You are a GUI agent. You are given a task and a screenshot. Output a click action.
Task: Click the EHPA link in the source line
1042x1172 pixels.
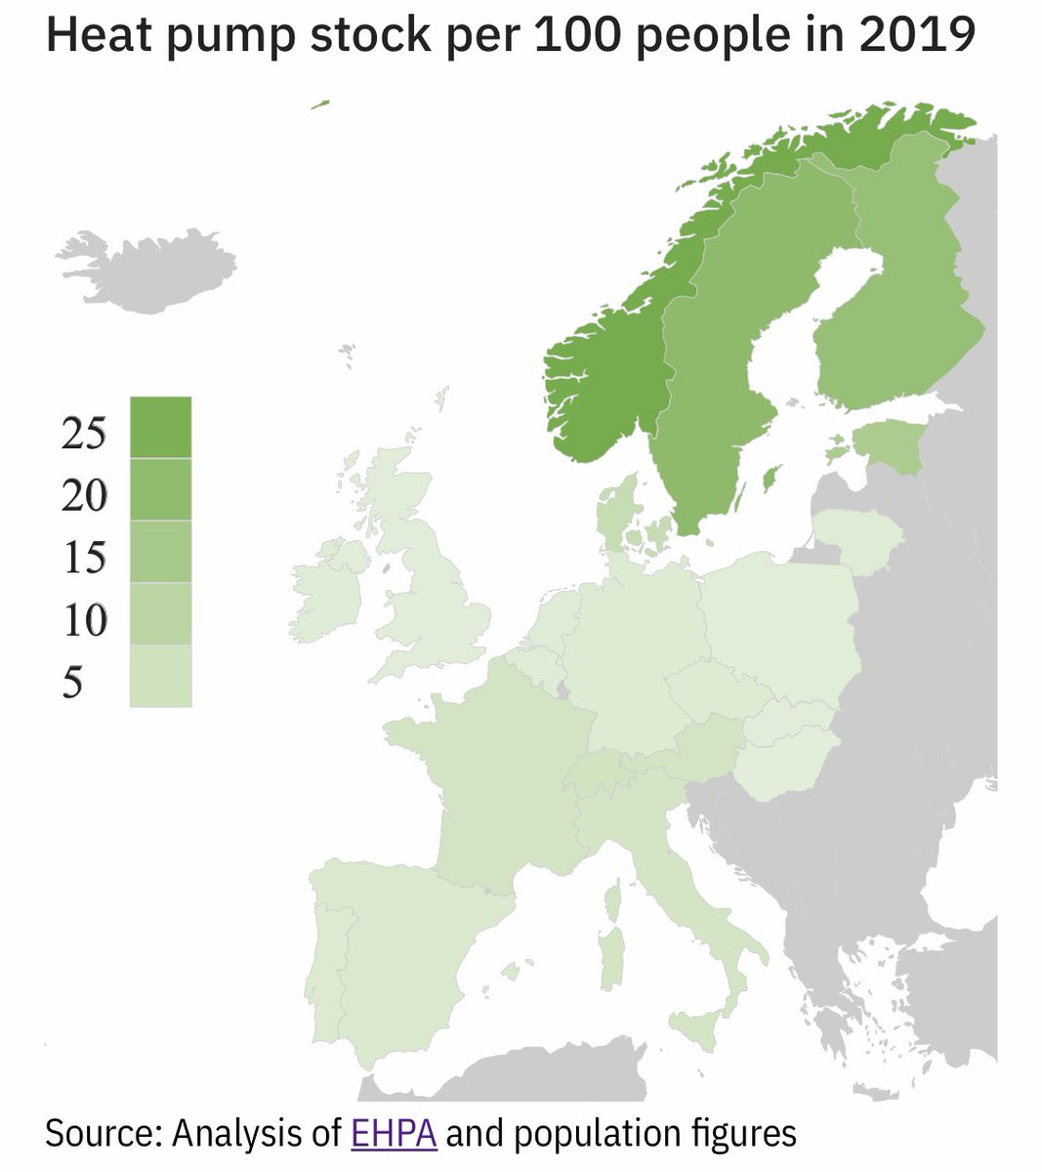(x=394, y=1134)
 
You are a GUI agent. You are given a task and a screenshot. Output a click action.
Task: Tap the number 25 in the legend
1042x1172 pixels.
(x=83, y=433)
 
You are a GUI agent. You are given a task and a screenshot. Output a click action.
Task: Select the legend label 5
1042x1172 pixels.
(x=72, y=683)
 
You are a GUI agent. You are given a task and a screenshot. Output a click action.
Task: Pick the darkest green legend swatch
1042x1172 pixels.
(x=160, y=427)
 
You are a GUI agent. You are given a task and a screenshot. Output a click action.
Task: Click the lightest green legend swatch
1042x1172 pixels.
(x=160, y=676)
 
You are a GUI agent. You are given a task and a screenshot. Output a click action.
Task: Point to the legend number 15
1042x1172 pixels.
(x=83, y=558)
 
